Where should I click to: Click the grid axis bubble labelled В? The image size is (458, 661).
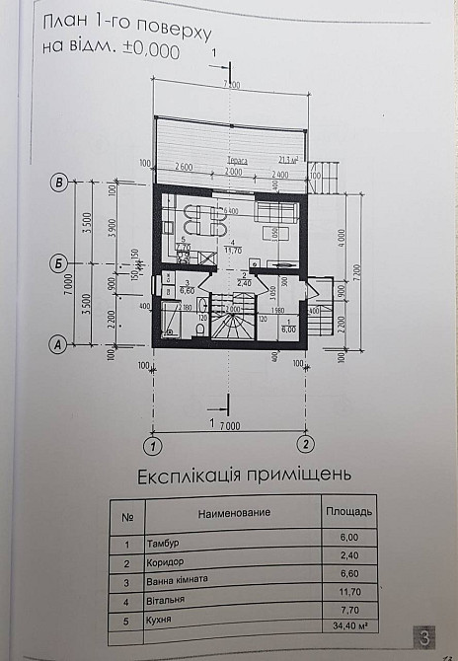click(x=59, y=183)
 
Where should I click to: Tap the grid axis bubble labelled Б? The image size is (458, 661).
click(x=59, y=262)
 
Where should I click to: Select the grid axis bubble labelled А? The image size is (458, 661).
click(x=59, y=344)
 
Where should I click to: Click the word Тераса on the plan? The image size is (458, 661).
click(x=235, y=159)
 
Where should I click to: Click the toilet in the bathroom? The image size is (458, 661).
click(x=198, y=333)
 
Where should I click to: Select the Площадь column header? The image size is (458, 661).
click(x=348, y=512)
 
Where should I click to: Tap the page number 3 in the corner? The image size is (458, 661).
click(x=423, y=637)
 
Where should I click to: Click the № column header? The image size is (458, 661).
click(x=126, y=515)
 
